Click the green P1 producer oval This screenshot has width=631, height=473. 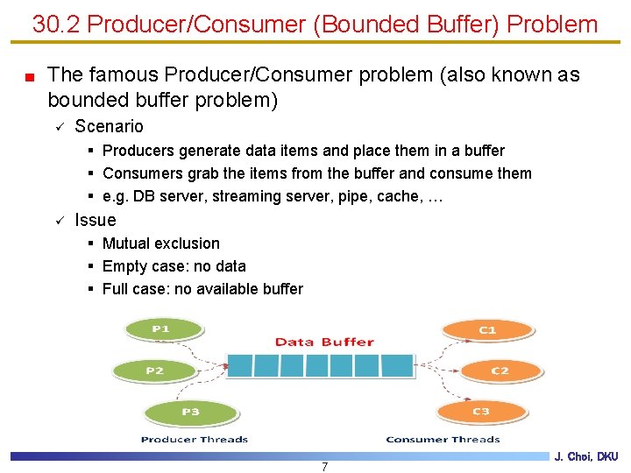pyautogui.click(x=160, y=329)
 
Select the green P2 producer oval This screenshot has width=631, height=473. pyautogui.click(x=154, y=371)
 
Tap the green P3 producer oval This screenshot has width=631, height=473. pyautogui.click(x=190, y=412)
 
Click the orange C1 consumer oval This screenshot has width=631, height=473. pyautogui.click(x=487, y=330)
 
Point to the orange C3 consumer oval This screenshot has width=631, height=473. pyautogui.click(x=480, y=412)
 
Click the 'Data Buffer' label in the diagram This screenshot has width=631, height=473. pyautogui.click(x=324, y=342)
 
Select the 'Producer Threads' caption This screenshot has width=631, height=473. pyautogui.click(x=195, y=440)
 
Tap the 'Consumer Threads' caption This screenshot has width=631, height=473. pyautogui.click(x=443, y=440)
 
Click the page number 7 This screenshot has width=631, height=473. pyautogui.click(x=324, y=466)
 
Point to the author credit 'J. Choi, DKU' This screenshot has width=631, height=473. pyautogui.click(x=586, y=456)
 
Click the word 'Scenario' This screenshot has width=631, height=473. pyautogui.click(x=109, y=126)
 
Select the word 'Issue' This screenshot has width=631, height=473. pyautogui.click(x=95, y=220)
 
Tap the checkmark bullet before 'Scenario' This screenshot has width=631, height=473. pyautogui.click(x=59, y=127)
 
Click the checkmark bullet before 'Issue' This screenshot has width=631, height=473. pyautogui.click(x=59, y=221)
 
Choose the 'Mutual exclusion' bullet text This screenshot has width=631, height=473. pyautogui.click(x=161, y=244)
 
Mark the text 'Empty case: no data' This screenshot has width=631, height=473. pyautogui.click(x=174, y=266)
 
